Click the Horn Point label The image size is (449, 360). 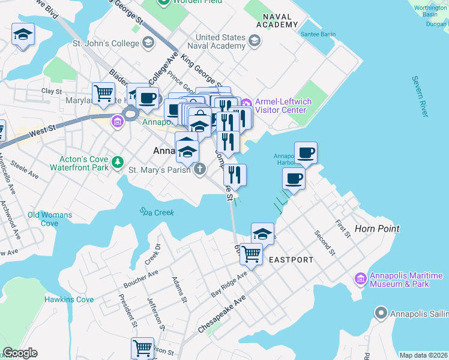click(x=377, y=229)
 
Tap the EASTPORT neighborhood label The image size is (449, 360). click(x=291, y=260)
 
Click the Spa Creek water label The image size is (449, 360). click(x=157, y=212)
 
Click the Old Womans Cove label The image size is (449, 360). click(x=49, y=219)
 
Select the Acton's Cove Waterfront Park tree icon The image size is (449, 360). click(x=118, y=161)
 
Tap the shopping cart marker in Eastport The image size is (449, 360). click(x=250, y=254)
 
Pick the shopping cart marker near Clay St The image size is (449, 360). click(x=103, y=94)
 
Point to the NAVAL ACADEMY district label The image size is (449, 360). click(x=277, y=20)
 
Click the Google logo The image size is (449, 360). click(x=20, y=353)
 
